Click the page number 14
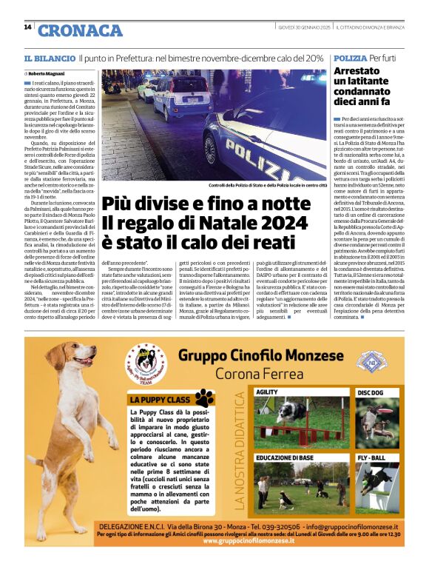coord(27,27)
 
